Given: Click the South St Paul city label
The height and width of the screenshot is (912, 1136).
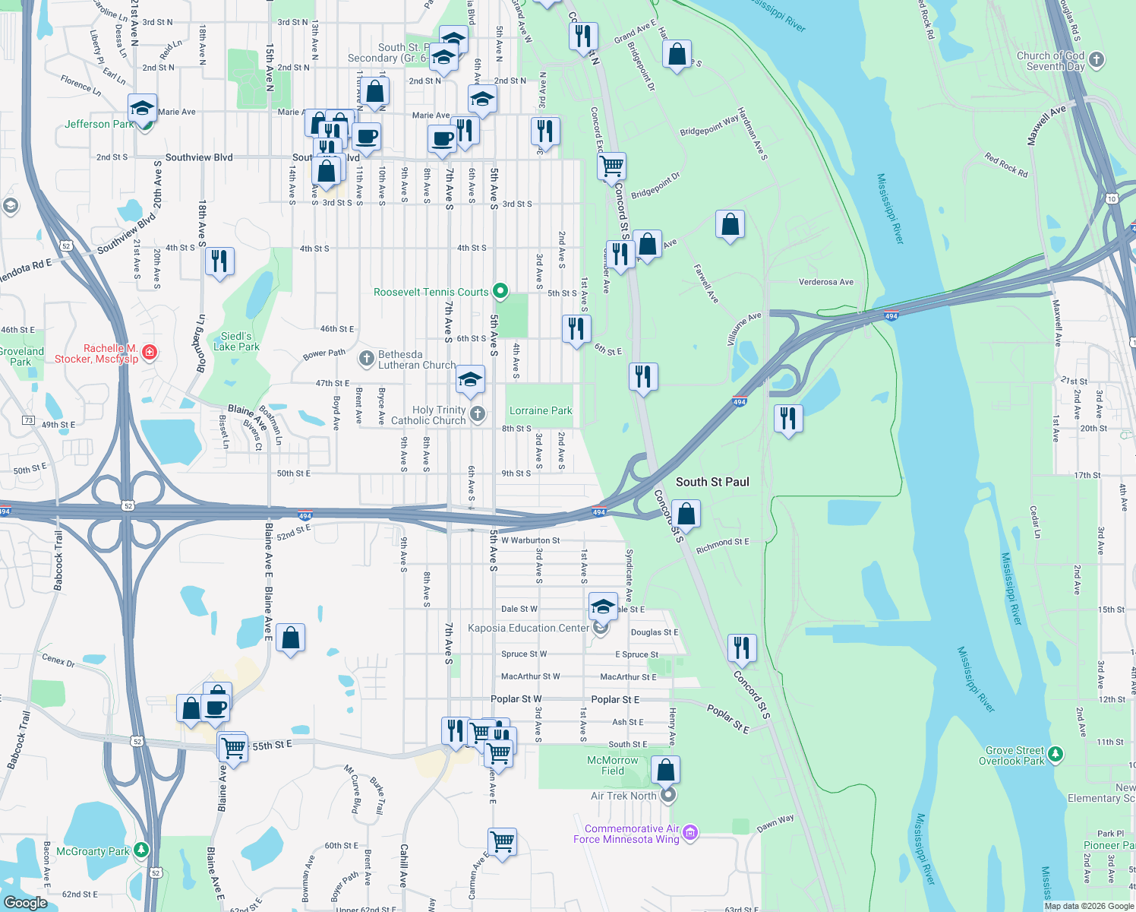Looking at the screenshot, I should [712, 482].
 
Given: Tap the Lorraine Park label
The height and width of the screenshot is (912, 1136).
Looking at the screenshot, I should [541, 411].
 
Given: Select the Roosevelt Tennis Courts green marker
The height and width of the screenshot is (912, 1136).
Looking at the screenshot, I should [500, 291].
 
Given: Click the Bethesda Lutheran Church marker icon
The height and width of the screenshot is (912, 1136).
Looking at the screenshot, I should [367, 358].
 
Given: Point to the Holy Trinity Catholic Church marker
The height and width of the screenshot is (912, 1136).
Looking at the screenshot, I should [478, 413].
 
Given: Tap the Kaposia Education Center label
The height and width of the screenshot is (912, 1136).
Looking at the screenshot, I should [529, 628].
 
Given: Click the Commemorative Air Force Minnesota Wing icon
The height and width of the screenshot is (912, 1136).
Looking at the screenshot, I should [690, 834].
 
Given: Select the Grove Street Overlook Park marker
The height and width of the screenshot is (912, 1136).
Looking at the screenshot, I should [1056, 755].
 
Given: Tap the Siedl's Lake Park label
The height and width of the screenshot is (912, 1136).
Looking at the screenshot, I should [236, 341].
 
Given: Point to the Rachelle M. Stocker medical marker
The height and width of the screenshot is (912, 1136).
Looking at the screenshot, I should [150, 351].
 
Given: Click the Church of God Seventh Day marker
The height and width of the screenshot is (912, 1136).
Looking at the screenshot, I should [1097, 59].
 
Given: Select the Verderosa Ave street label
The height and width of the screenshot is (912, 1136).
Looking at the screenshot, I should [826, 282].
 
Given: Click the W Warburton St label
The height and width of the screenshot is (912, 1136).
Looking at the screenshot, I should [530, 540].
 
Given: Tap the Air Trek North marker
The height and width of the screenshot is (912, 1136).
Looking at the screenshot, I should [667, 796].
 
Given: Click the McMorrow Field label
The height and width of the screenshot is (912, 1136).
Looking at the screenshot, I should [613, 765].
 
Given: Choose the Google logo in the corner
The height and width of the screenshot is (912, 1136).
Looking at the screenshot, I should [26, 902].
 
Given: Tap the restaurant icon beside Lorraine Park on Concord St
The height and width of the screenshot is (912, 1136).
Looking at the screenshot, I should [643, 375].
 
